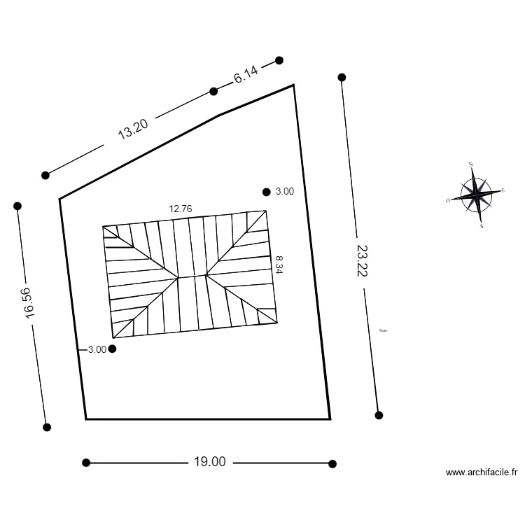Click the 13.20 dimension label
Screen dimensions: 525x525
click(132, 129)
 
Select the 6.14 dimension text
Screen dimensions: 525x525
click(246, 75)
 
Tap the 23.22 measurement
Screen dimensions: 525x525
click(361, 260)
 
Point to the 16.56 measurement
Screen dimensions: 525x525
click(29, 303)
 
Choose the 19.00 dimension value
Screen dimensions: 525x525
click(209, 462)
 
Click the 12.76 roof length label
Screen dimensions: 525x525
click(181, 208)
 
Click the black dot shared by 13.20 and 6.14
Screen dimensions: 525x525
click(214, 91)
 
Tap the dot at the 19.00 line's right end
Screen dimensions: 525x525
click(332, 463)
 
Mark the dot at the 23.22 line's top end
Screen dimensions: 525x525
click(342, 77)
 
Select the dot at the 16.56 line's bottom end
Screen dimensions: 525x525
click(47, 427)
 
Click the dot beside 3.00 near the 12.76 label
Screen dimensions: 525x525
click(266, 192)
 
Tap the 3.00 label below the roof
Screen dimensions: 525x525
click(97, 349)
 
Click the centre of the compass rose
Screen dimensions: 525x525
click(476, 194)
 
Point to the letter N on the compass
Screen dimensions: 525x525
click(470, 164)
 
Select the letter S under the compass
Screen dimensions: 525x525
click(482, 226)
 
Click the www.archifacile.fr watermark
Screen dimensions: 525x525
click(482, 472)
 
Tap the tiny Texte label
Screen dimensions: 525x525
click(382, 331)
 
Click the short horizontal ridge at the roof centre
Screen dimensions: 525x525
click(192, 277)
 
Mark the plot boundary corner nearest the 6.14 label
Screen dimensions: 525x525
click(293, 85)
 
